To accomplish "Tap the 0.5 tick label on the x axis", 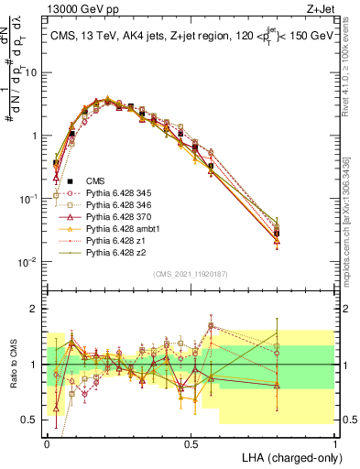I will [191, 442].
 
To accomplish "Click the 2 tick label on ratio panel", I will [36, 309].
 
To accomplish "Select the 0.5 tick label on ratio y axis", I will [31, 420].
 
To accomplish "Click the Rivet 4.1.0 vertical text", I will [352, 64].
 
